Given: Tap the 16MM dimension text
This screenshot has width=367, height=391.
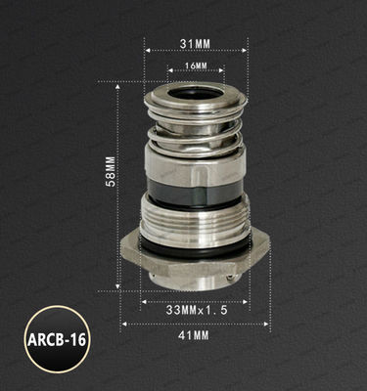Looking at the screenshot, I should point(195,65).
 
